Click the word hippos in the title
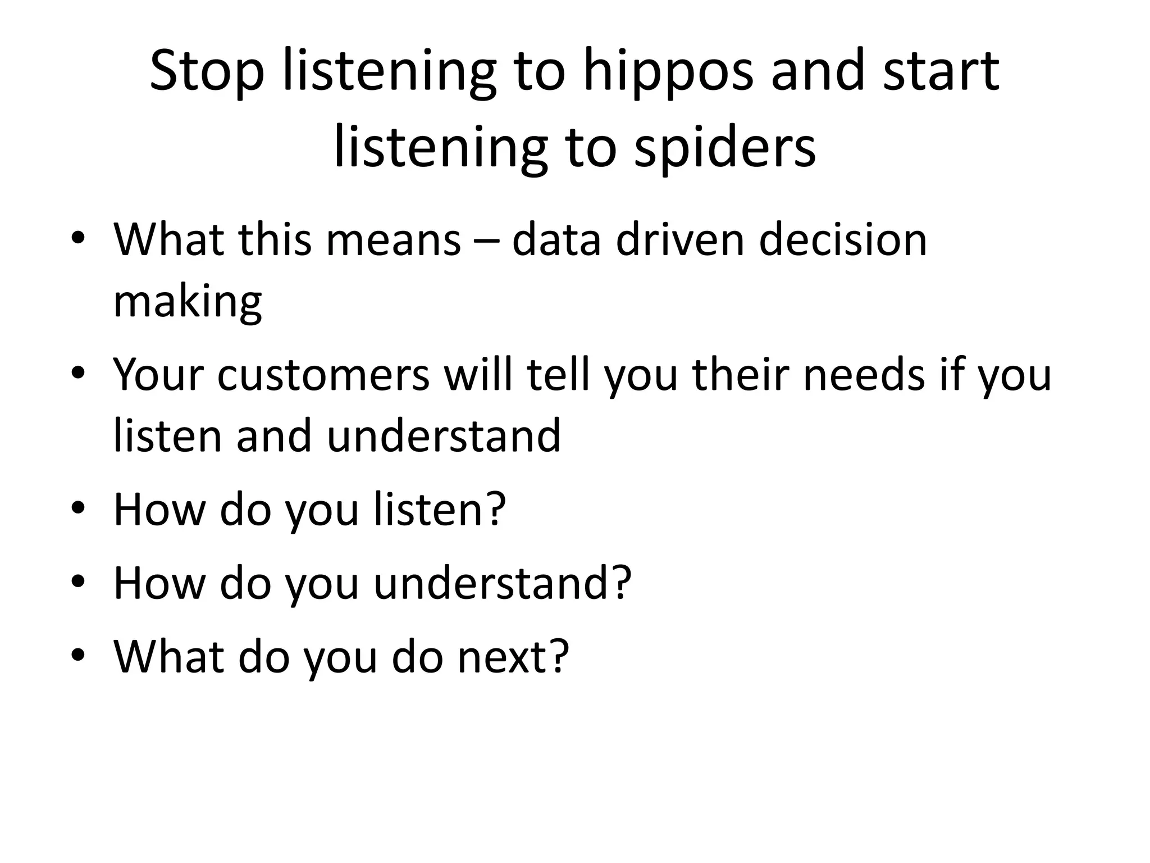[668, 72]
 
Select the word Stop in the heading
[207, 72]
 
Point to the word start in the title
[941, 72]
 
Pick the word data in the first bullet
[556, 240]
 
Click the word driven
[680, 240]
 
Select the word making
[188, 301]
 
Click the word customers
[323, 375]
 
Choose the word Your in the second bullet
[158, 375]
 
